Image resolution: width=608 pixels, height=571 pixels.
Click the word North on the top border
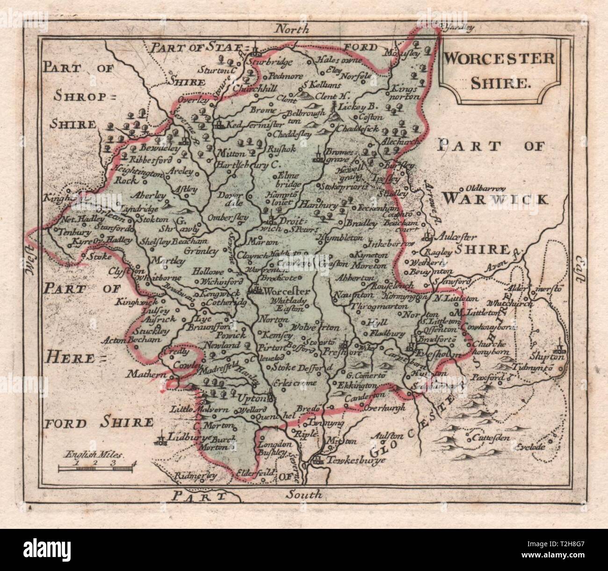tap(292, 29)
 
